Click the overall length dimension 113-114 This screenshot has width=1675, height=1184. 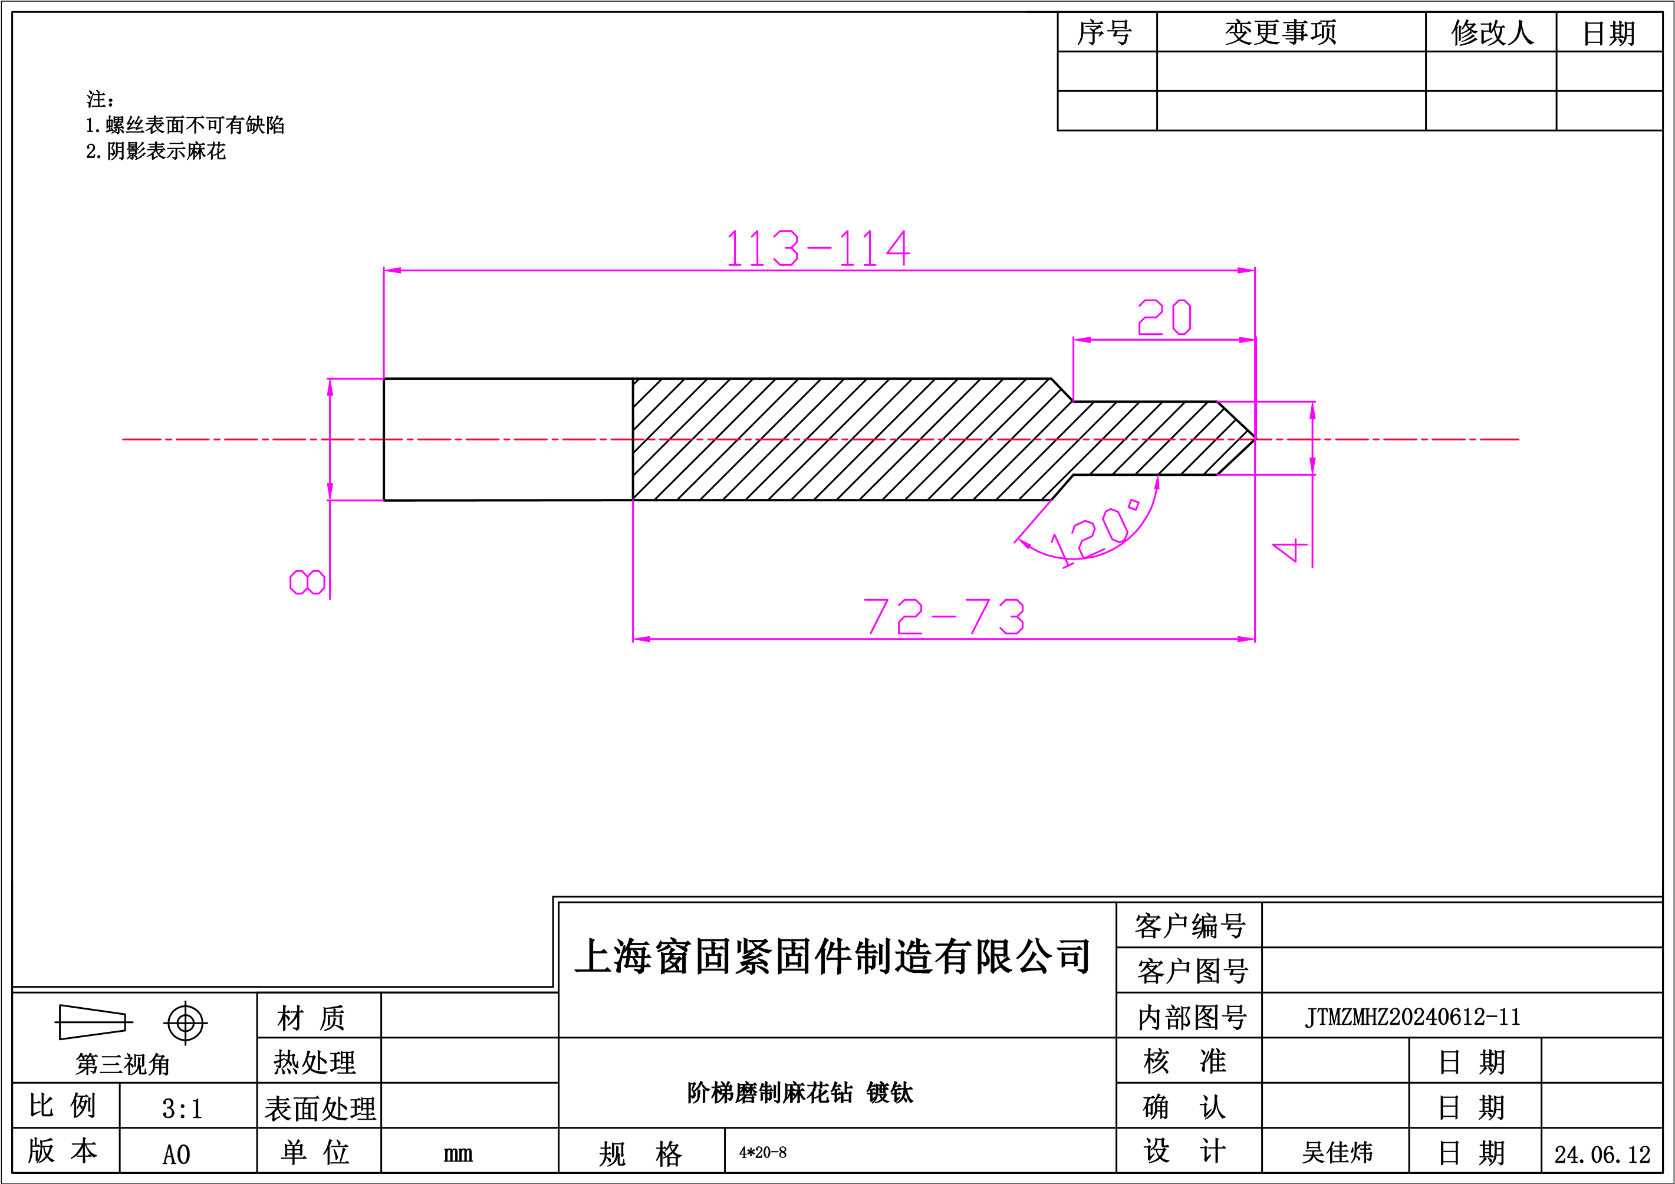(x=818, y=248)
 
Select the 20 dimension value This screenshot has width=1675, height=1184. (x=1164, y=317)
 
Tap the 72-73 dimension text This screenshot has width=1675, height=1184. (x=944, y=616)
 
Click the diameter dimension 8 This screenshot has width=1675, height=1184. (x=307, y=582)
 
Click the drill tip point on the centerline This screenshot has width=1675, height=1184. (x=1255, y=439)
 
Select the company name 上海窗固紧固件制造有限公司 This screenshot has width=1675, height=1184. (x=832, y=956)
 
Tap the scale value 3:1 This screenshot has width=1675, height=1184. (x=182, y=1109)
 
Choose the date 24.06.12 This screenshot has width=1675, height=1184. (x=1602, y=1154)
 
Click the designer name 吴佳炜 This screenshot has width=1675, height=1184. (x=1337, y=1153)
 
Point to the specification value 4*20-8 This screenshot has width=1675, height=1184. (x=763, y=1153)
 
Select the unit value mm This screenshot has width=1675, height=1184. (x=458, y=1153)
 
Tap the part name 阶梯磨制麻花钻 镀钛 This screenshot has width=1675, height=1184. (x=800, y=1092)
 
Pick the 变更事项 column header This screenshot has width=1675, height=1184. (x=1281, y=32)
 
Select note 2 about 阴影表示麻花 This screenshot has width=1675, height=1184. (x=156, y=151)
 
